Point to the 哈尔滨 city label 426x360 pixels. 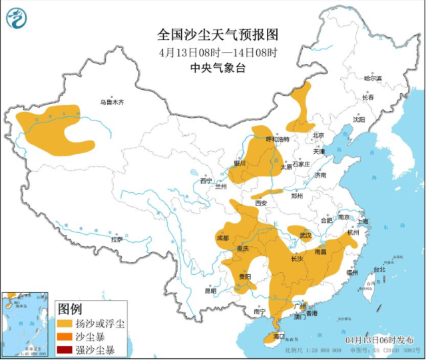[x=373, y=79]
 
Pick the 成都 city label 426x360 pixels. [x=222, y=238]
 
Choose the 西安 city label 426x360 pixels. [x=261, y=202]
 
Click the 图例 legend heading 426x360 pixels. [x=70, y=309]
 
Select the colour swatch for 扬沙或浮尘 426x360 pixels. [x=65, y=323]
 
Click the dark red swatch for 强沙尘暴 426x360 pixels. [x=65, y=349]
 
